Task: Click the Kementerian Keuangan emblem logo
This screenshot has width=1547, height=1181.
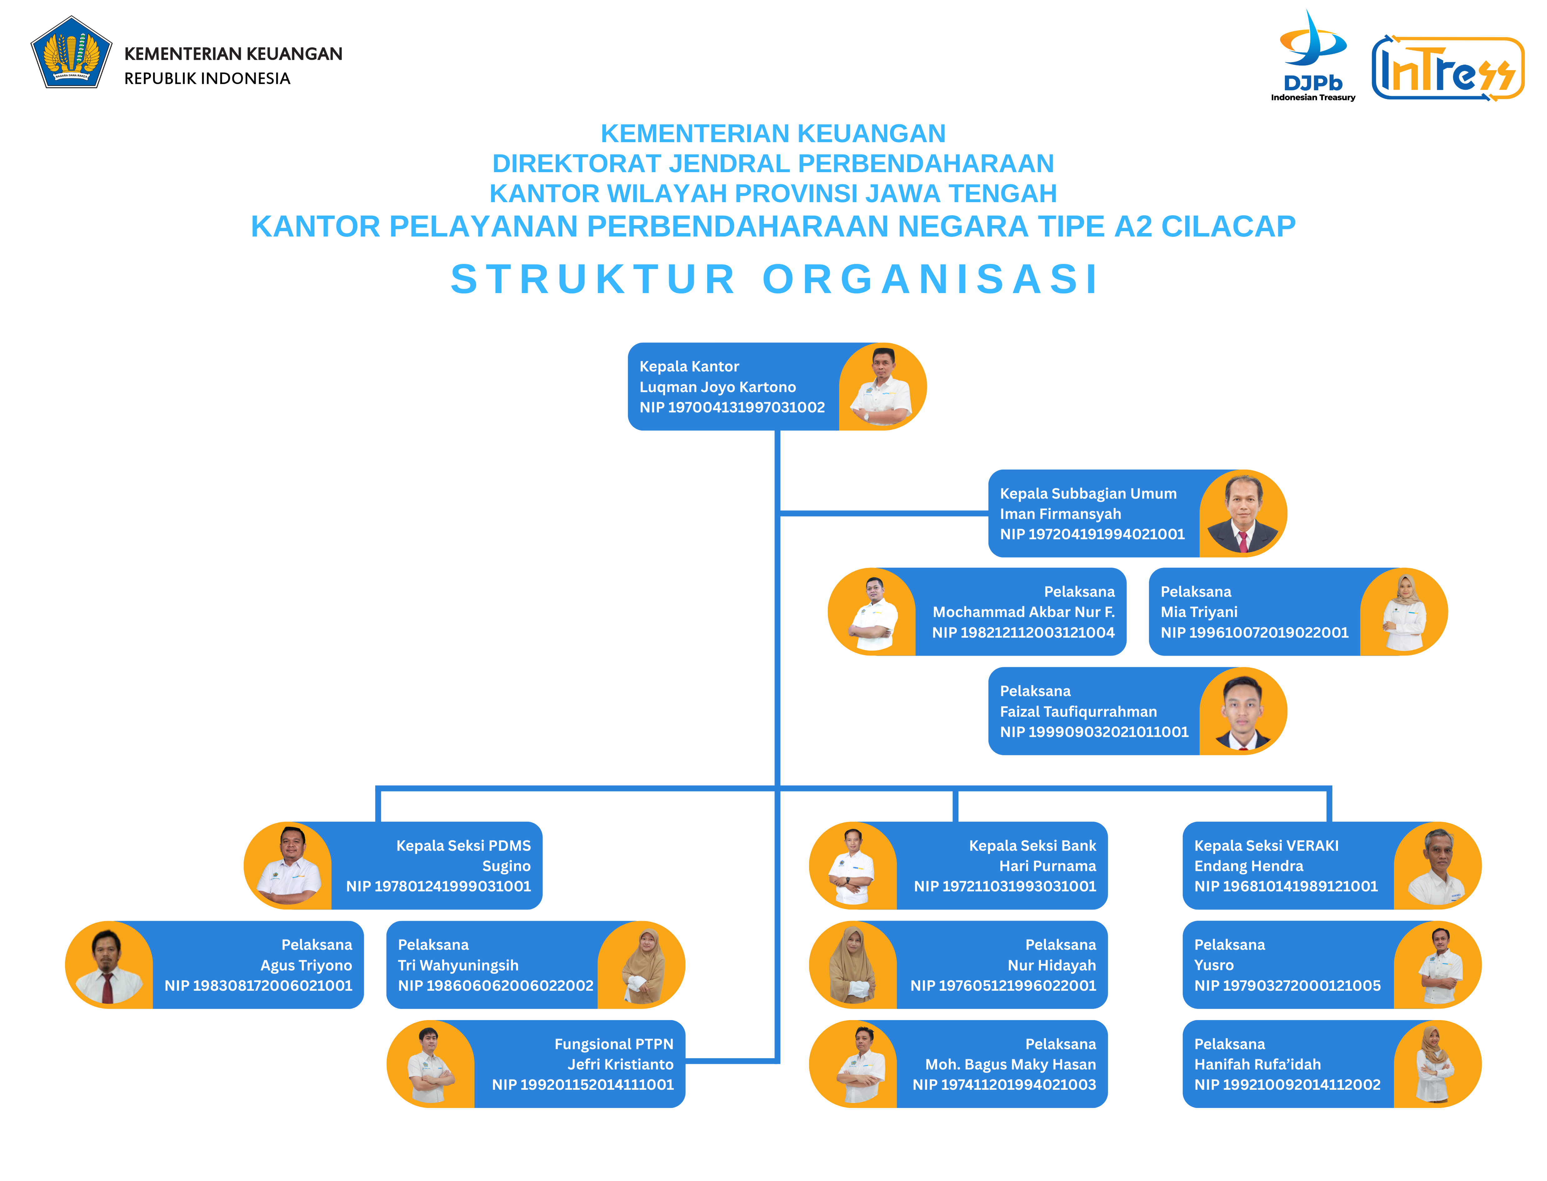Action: [71, 52]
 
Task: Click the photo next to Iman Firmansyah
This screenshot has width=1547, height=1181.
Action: [1243, 513]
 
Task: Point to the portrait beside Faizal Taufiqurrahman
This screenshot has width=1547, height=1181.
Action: [1243, 711]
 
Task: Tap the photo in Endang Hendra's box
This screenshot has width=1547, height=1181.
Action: [1437, 865]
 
